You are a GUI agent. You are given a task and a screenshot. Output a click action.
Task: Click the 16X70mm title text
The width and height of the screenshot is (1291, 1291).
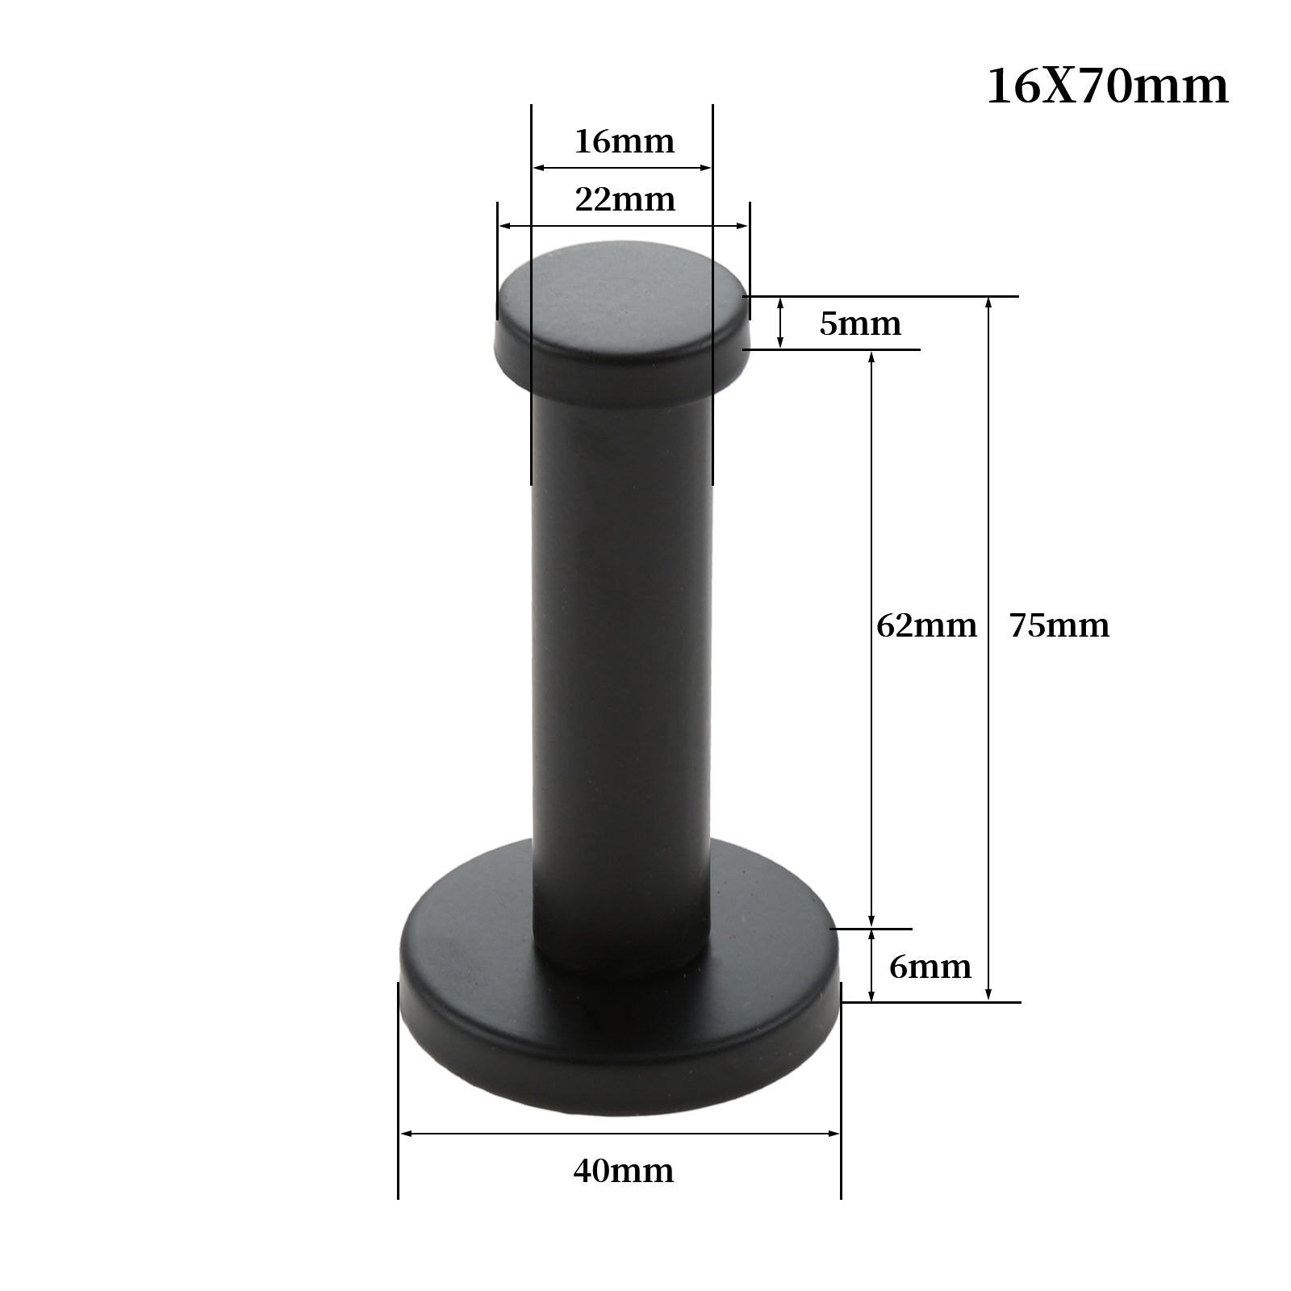(x=1108, y=86)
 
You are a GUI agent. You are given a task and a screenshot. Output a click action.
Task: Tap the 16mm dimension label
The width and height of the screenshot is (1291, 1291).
(x=625, y=142)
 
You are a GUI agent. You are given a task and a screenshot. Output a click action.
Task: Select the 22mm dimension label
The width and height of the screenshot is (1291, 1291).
(x=625, y=199)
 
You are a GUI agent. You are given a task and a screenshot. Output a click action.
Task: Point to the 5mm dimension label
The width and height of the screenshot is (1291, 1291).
(x=860, y=324)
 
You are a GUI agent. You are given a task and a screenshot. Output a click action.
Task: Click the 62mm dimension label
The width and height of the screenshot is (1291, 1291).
(x=926, y=625)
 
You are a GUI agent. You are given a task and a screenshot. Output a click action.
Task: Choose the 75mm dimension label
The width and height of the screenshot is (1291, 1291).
(x=1059, y=625)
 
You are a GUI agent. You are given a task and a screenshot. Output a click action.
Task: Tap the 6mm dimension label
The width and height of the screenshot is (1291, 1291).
(x=930, y=967)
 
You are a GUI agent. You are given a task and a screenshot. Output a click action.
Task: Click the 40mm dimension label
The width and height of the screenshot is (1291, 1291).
(x=624, y=1171)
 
